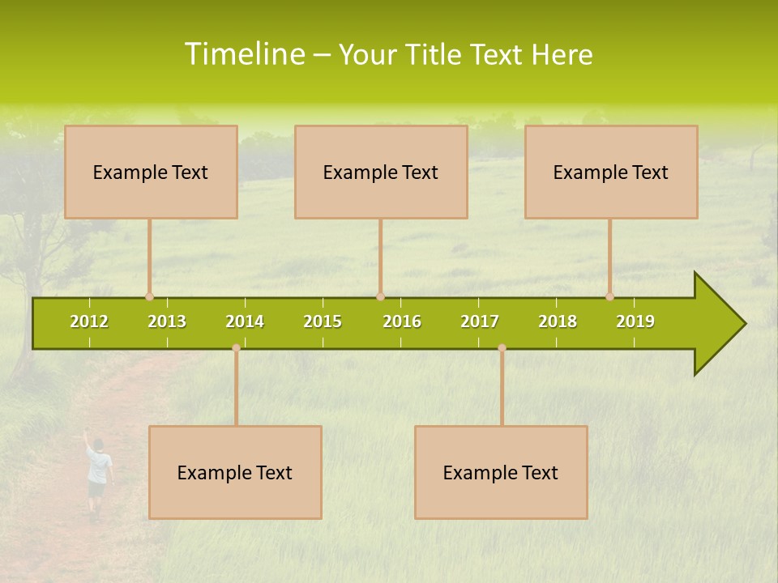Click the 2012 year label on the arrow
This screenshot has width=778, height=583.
pos(89,321)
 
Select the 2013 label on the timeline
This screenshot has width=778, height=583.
pos(167,321)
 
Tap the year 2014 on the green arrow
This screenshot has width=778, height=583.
pos(245,321)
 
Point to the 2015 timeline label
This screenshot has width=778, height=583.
pos(323,321)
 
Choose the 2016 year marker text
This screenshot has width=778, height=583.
pos(402,321)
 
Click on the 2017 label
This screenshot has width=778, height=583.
pos(480,321)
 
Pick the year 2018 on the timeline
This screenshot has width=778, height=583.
pos(558,321)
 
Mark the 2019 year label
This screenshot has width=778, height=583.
pos(635,321)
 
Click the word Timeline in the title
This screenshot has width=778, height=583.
pos(243,54)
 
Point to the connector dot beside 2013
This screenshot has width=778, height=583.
pos(149,297)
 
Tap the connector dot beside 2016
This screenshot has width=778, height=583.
pos(380,297)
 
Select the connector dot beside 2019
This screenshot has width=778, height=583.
pos(609,297)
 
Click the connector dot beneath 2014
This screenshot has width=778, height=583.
pos(236,348)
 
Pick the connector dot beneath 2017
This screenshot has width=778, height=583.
pos(502,348)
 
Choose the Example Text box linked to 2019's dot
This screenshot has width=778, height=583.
pos(611,172)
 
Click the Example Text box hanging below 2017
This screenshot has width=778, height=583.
pos(501,472)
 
